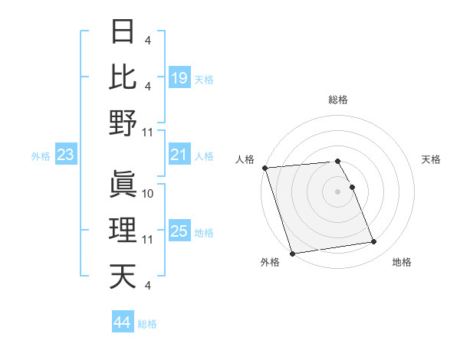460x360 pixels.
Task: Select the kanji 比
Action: pyautogui.click(x=123, y=77)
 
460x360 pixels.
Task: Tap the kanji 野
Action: pyautogui.click(x=123, y=123)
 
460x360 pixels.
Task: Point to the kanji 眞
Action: pyautogui.click(x=123, y=185)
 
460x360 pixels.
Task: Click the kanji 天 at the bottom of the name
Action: pyautogui.click(x=123, y=277)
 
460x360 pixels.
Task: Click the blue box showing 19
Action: pyautogui.click(x=179, y=77)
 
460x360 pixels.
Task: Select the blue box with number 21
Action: pyautogui.click(x=179, y=155)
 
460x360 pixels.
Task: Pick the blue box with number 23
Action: pyautogui.click(x=66, y=155)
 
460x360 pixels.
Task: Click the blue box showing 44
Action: pyautogui.click(x=122, y=322)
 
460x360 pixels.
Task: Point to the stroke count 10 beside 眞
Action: pyautogui.click(x=149, y=193)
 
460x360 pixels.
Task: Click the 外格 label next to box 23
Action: pyautogui.click(x=41, y=156)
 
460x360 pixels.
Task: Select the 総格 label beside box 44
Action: pyautogui.click(x=147, y=324)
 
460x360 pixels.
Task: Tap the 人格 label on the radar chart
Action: pyautogui.click(x=245, y=159)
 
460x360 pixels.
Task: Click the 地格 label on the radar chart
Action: pyautogui.click(x=402, y=262)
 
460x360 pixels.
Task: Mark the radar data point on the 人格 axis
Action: pyautogui.click(x=264, y=168)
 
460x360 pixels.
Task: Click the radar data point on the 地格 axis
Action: pyautogui.click(x=374, y=242)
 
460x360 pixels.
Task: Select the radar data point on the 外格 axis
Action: pyautogui.click(x=292, y=253)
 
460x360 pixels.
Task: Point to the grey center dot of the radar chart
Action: pyautogui.click(x=337, y=191)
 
